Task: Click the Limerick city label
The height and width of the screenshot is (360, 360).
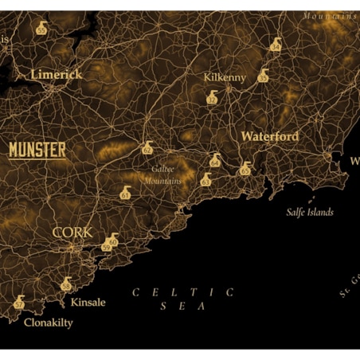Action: pyautogui.click(x=57, y=74)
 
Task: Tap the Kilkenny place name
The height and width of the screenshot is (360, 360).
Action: pyautogui.click(x=225, y=77)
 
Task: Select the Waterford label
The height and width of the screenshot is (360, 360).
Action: pyautogui.click(x=270, y=136)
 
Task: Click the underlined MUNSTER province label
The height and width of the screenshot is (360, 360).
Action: pyautogui.click(x=37, y=149)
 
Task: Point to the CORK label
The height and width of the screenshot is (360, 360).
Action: pyautogui.click(x=72, y=233)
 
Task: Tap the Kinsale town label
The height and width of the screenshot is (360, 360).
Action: pyautogui.click(x=88, y=303)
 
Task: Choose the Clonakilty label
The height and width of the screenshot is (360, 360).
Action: pyautogui.click(x=48, y=323)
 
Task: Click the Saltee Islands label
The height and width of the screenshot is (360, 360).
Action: pyautogui.click(x=310, y=213)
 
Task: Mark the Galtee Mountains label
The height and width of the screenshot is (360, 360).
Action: pyautogui.click(x=162, y=174)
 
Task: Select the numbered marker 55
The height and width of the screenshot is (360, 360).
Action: pyautogui.click(x=41, y=29)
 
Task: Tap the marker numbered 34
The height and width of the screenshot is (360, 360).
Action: pyautogui.click(x=276, y=45)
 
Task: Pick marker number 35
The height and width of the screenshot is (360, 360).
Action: pyautogui.click(x=263, y=77)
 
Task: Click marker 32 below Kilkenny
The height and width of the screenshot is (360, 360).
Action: pyautogui.click(x=211, y=98)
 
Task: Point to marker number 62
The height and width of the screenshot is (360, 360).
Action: pyautogui.click(x=147, y=148)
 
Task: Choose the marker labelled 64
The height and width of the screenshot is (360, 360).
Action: pyautogui.click(x=214, y=162)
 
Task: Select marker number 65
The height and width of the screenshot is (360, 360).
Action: pyautogui.click(x=245, y=169)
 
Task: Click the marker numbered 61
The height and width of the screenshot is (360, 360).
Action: pyautogui.click(x=125, y=194)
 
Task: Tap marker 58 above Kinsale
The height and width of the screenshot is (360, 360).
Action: pyautogui.click(x=66, y=285)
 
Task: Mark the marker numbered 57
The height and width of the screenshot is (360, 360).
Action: pyautogui.click(x=19, y=303)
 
